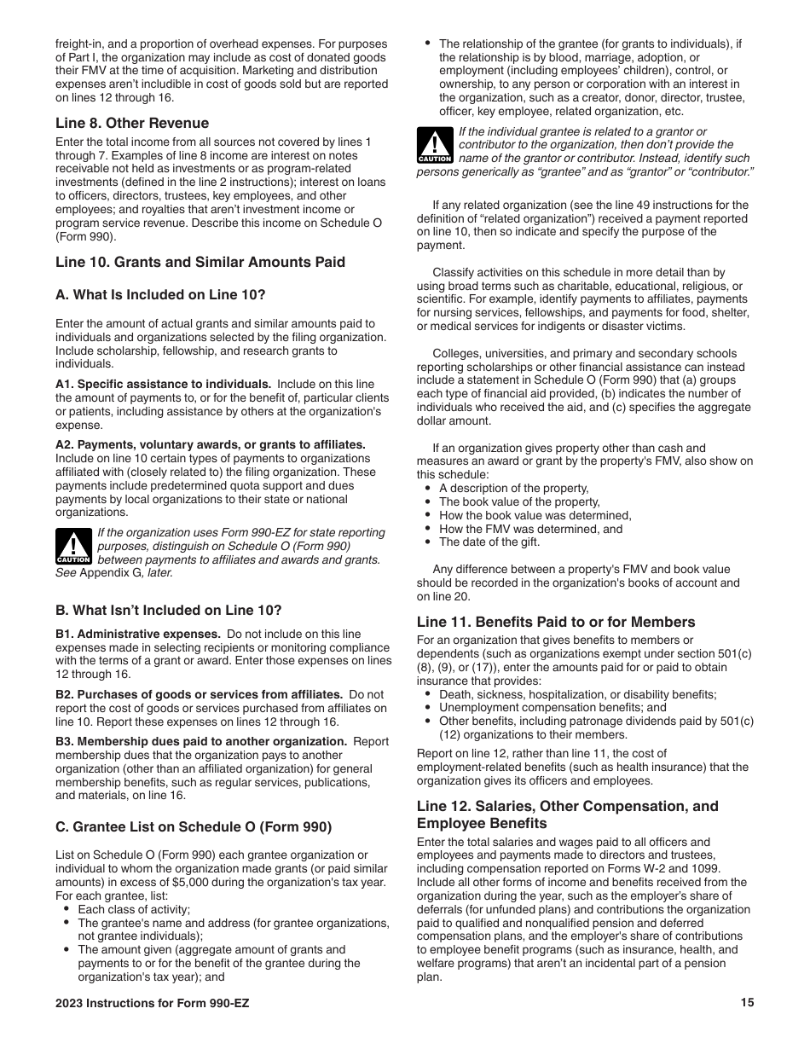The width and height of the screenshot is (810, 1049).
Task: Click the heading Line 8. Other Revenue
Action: pyautogui.click(x=131, y=123)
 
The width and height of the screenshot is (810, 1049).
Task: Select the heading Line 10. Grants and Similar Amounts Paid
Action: pyautogui.click(x=200, y=262)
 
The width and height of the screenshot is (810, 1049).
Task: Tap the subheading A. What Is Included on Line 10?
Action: pyautogui.click(x=160, y=295)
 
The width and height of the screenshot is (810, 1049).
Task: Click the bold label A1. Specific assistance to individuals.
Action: pyautogui.click(x=164, y=385)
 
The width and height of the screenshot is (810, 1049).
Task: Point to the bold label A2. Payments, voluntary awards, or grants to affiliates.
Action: pyautogui.click(x=210, y=445)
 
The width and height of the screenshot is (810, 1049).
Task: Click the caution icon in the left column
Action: pyautogui.click(x=73, y=547)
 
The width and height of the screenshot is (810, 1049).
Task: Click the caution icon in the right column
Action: pyautogui.click(x=435, y=145)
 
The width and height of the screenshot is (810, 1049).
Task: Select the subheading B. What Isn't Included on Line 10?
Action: pyautogui.click(x=168, y=611)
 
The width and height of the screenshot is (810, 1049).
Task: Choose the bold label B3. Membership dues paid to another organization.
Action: pyautogui.click(x=201, y=742)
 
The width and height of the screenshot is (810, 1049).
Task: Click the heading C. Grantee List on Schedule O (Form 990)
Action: pyautogui.click(x=194, y=826)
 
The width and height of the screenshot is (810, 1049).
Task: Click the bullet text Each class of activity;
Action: pyautogui.click(x=134, y=910)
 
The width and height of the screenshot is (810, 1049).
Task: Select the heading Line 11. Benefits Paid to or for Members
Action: pyautogui.click(x=556, y=622)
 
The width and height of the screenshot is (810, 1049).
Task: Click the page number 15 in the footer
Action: pyautogui.click(x=747, y=1003)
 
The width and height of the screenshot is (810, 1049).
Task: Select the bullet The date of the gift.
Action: pyautogui.click(x=489, y=542)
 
